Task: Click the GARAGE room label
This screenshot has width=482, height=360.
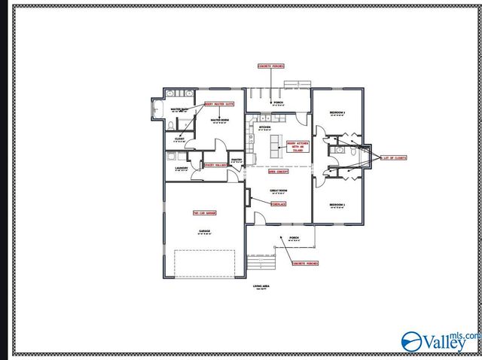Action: pos(204,230)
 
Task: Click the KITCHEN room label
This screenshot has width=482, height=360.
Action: pos(264,127)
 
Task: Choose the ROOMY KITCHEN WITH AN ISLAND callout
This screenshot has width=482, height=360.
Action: pos(297,145)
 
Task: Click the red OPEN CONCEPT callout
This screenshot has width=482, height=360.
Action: pos(267,171)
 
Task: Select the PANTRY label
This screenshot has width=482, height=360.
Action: pos(236,160)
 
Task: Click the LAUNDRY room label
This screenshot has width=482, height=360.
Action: pos(182,168)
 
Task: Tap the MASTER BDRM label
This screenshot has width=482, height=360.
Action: pos(220,120)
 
